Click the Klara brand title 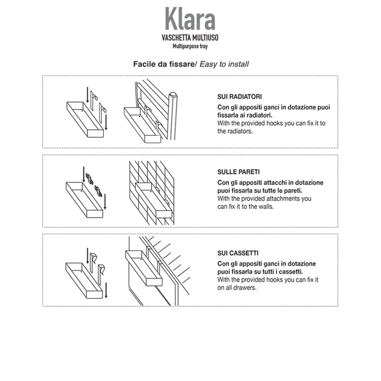point(190,19)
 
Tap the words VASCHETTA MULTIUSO point(190,38)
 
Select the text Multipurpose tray point(190,46)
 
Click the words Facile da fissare point(163,64)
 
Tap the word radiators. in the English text point(240,131)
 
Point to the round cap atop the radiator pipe point(173,94)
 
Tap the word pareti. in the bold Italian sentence point(296,190)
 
